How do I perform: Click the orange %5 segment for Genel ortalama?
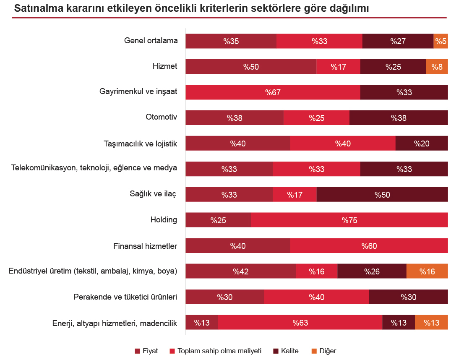pyautogui.click(x=441, y=41)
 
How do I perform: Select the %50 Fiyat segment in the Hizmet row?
pyautogui.click(x=251, y=67)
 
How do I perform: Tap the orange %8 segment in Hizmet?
pyautogui.click(x=437, y=67)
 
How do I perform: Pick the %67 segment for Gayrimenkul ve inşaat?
pyautogui.click(x=273, y=92)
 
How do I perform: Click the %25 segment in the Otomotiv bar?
pyautogui.click(x=316, y=118)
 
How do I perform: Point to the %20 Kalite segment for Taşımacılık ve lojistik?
pyautogui.click(x=421, y=143)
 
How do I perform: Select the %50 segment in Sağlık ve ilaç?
pyautogui.click(x=382, y=195)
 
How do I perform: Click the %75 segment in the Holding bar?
pyautogui.click(x=349, y=220)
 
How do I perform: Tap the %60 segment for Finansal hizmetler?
pyautogui.click(x=369, y=246)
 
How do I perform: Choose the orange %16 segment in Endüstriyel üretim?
pyautogui.click(x=427, y=271)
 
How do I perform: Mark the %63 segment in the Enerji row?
pyautogui.click(x=300, y=323)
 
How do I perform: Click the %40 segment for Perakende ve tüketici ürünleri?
pyautogui.click(x=316, y=297)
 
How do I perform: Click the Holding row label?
pyautogui.click(x=164, y=219)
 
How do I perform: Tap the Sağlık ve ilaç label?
pyautogui.click(x=152, y=194)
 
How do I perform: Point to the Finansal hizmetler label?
pyautogui.click(x=145, y=245)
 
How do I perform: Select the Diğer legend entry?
pyautogui.click(x=327, y=351)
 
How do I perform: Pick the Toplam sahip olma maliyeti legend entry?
pyautogui.click(x=219, y=351)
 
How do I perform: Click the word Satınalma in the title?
pyautogui.click(x=36, y=8)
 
